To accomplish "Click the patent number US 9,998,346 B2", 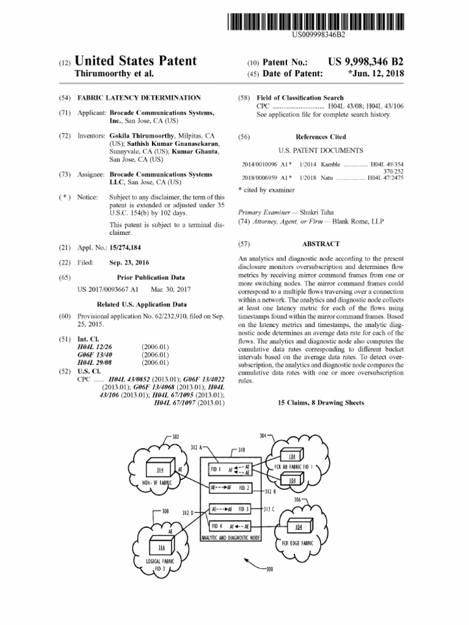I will pyautogui.click(x=366, y=62).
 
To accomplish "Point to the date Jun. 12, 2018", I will pyautogui.click(x=379, y=74).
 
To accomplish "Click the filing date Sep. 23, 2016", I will pyautogui.click(x=129, y=262).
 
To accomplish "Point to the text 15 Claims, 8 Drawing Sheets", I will pyautogui.click(x=321, y=403).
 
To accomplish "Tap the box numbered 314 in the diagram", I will pyautogui.click(x=161, y=469).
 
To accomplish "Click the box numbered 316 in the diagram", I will pyautogui.click(x=162, y=547).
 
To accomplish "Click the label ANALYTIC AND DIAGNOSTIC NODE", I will pyautogui.click(x=231, y=537).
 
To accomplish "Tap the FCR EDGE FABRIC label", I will pyautogui.click(x=298, y=542).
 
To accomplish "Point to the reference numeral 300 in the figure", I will pyautogui.click(x=269, y=569).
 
